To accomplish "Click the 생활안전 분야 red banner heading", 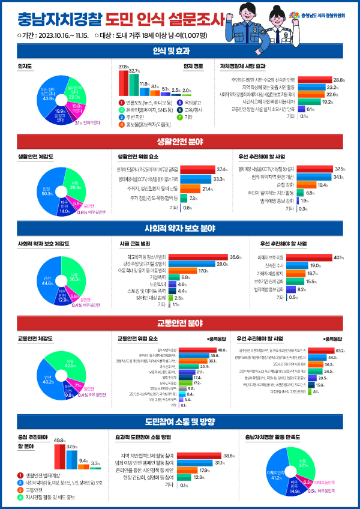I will [x=179, y=142].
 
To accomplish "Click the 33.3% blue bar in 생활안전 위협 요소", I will [x=195, y=179].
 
